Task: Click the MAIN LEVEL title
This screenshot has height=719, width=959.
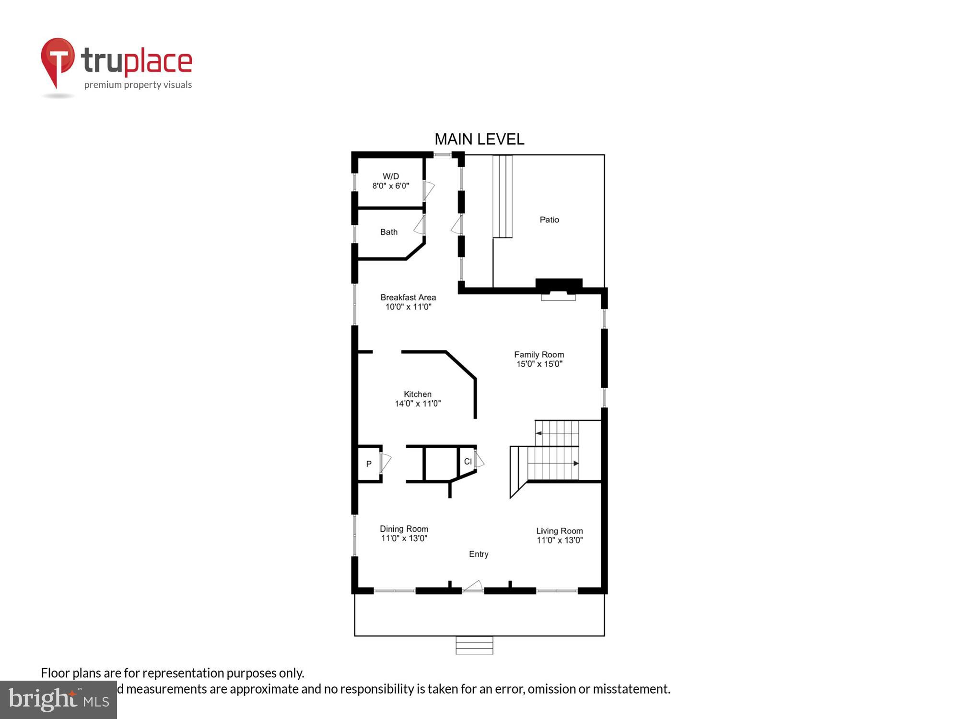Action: (x=479, y=139)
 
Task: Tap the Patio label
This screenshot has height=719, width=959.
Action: (x=549, y=220)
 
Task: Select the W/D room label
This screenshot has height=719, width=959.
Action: (x=391, y=176)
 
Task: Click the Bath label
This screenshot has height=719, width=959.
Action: (x=389, y=232)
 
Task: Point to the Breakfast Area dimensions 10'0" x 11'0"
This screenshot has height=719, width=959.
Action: (x=409, y=307)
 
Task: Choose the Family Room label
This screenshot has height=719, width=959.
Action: (x=539, y=355)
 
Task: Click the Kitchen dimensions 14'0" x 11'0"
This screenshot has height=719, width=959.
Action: (x=418, y=404)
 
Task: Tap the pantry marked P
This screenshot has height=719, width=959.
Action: (x=369, y=464)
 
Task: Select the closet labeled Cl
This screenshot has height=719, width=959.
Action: (x=468, y=462)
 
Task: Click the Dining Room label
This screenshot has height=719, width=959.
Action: (x=404, y=529)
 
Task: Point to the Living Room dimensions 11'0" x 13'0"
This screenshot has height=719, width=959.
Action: (x=560, y=540)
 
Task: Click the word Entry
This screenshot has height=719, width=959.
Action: (x=479, y=554)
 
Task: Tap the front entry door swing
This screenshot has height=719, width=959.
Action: (x=474, y=586)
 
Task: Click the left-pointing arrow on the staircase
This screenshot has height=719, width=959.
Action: (x=539, y=433)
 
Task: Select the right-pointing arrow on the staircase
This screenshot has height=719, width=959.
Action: (x=576, y=464)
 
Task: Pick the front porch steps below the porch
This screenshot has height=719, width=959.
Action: (x=474, y=645)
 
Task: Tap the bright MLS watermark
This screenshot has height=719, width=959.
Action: (x=58, y=700)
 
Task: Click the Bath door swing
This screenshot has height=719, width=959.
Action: (x=420, y=225)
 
